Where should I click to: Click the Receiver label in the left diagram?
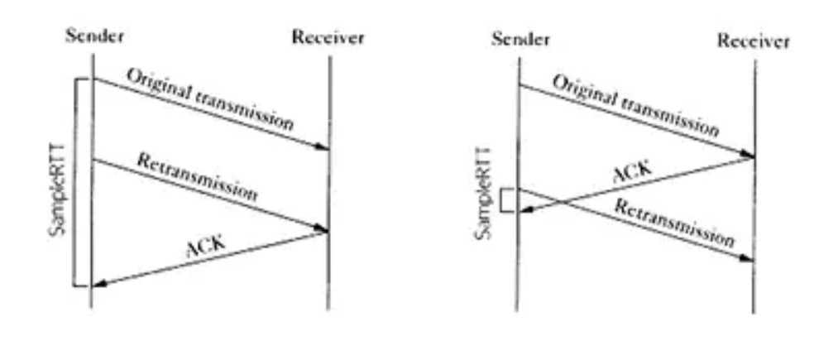[x=328, y=37]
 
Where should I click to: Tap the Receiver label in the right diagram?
[x=753, y=41]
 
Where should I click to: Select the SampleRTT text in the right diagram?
[x=484, y=195]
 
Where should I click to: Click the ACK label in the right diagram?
[x=633, y=173]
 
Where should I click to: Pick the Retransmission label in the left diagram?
[x=197, y=178]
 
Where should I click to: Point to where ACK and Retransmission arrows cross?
[x=562, y=201]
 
